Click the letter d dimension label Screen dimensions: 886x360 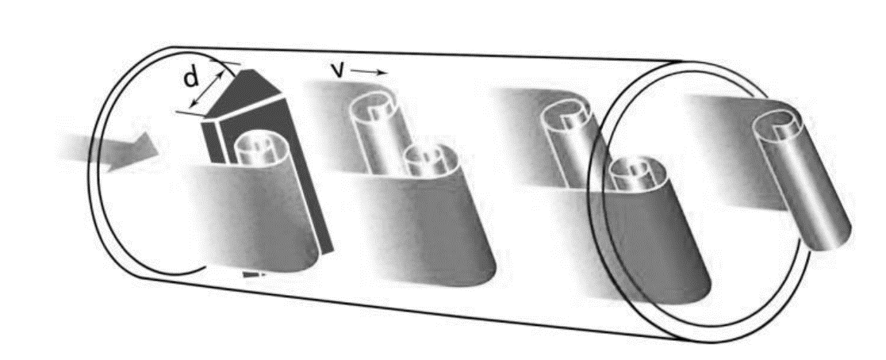191,78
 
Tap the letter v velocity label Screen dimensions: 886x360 339,70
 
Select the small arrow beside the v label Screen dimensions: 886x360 368,72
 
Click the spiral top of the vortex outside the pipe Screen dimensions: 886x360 781,124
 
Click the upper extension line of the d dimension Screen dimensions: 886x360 225,62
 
